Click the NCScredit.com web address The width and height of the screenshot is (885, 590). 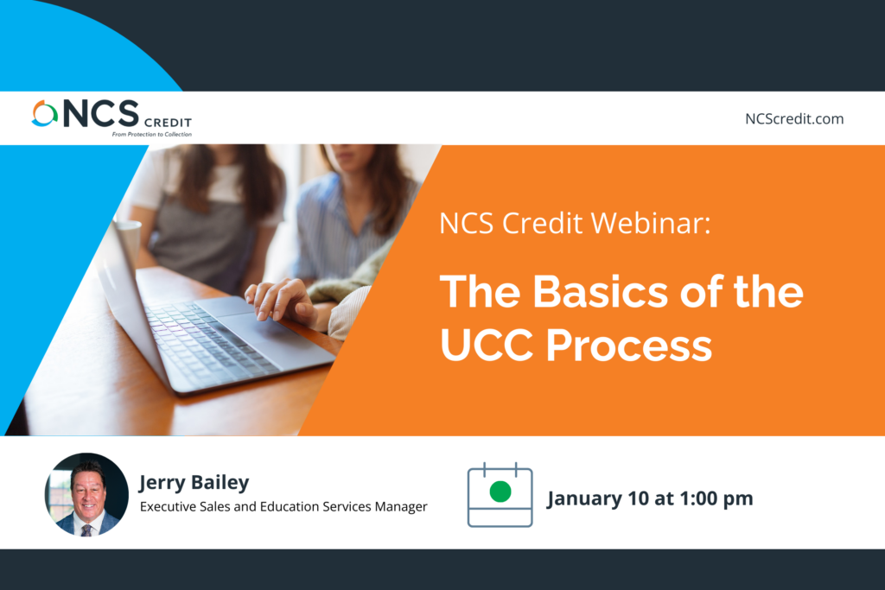tap(794, 119)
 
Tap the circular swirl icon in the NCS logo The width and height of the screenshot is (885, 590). tap(45, 113)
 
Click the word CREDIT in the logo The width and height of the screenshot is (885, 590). tap(169, 123)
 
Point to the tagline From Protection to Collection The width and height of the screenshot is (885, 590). tap(152, 134)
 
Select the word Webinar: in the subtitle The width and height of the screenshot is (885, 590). tap(651, 223)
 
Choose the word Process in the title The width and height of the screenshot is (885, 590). tap(629, 346)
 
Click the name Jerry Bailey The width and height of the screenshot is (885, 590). tap(194, 483)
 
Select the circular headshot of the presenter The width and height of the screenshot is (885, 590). tap(86, 494)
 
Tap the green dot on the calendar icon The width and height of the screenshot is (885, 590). tap(500, 492)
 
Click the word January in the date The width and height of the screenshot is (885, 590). tap(584, 498)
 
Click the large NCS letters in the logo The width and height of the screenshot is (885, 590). tap(101, 113)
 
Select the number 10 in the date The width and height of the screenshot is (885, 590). tap(638, 498)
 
